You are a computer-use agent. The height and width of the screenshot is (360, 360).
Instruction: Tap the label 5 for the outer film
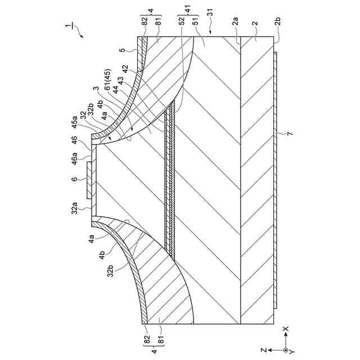point(123,51)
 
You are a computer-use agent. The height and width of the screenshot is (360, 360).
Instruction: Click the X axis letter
point(286,327)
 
